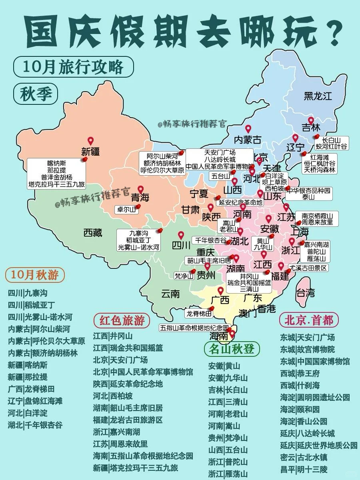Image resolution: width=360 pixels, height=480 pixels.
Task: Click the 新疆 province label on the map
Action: point(90,151)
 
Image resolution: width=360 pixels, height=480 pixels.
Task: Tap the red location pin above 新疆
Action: point(90,141)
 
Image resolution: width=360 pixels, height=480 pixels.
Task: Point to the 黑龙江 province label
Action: point(318,96)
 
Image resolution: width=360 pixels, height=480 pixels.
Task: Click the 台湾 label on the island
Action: point(306,292)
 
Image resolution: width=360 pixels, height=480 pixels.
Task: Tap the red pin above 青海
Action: point(141,189)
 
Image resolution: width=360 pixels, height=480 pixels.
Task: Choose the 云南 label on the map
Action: point(170,294)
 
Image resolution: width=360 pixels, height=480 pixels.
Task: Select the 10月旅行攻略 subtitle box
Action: point(73,67)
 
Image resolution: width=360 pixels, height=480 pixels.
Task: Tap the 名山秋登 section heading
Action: point(229,348)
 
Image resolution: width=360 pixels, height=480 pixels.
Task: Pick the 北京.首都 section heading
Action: point(309,320)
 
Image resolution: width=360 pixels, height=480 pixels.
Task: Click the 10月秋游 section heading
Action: point(35,275)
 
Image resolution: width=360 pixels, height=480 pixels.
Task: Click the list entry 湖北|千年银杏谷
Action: point(35,425)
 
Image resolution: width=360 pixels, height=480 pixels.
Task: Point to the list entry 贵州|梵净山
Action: point(228,438)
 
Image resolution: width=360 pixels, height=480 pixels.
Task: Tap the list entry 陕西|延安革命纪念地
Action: point(128,384)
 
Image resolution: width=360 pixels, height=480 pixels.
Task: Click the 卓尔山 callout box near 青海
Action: point(125,209)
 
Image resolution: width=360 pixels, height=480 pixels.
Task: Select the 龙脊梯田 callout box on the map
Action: point(199,313)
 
